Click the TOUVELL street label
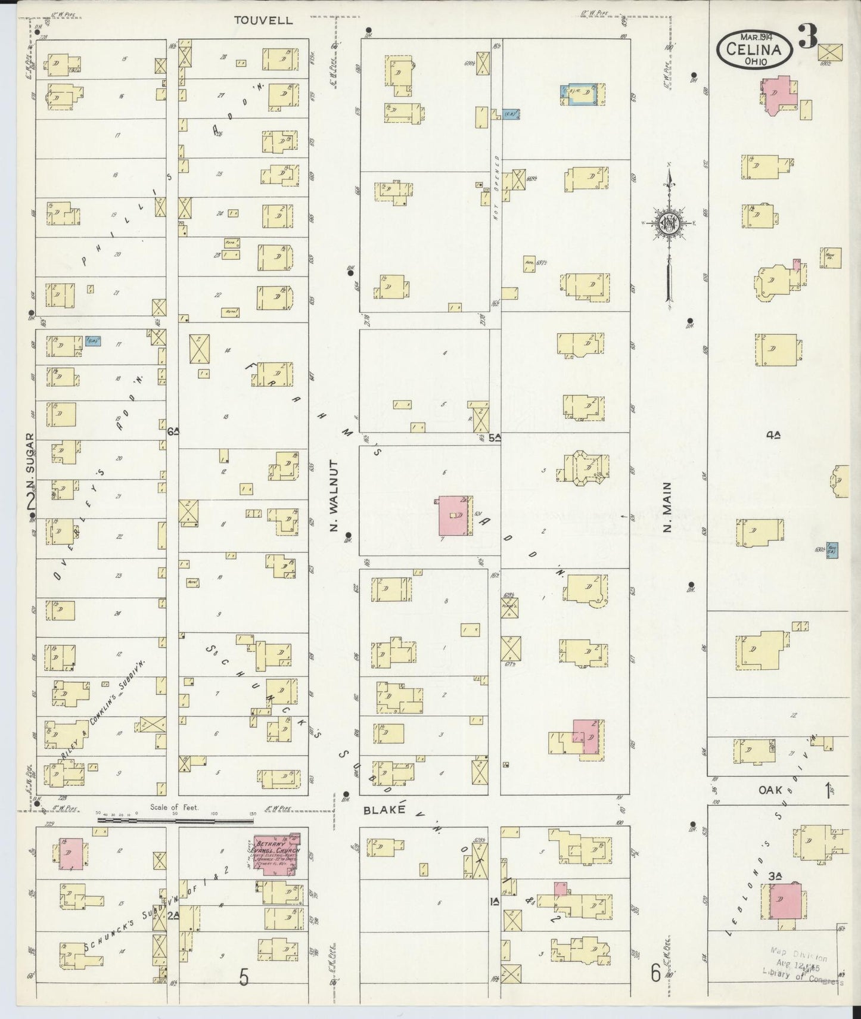pyautogui.click(x=263, y=20)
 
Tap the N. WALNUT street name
pyautogui.click(x=334, y=495)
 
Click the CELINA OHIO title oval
pyautogui.click(x=755, y=49)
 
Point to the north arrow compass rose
pyautogui.click(x=669, y=224)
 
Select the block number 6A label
pyautogui.click(x=173, y=431)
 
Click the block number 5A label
pyautogui.click(x=494, y=438)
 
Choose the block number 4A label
pyautogui.click(x=773, y=436)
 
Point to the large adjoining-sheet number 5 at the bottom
pyautogui.click(x=244, y=977)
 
